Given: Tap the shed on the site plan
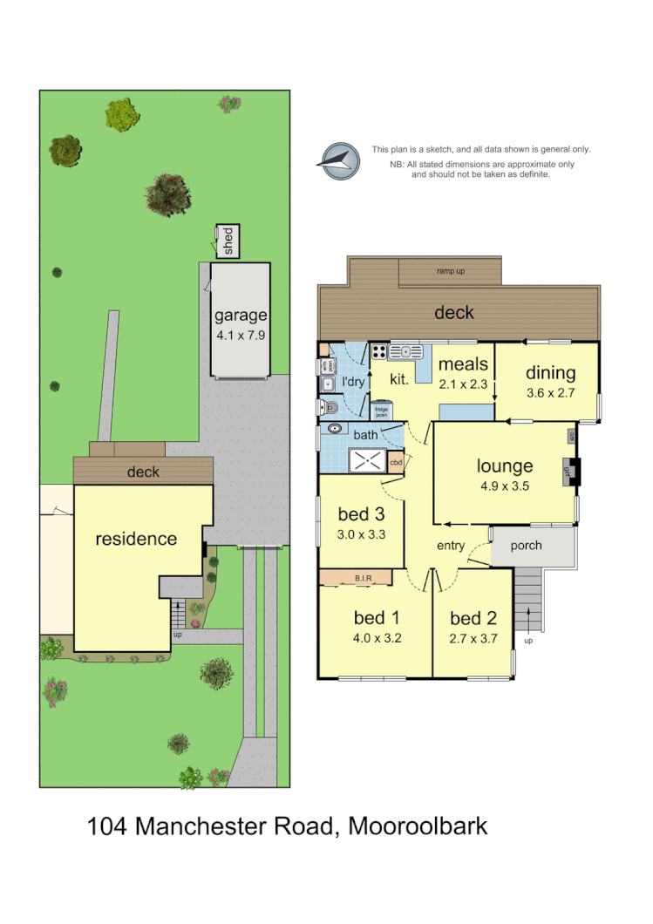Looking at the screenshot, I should tap(228, 241).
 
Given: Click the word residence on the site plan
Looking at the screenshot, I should tap(136, 539).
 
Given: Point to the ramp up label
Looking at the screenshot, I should tap(450, 271).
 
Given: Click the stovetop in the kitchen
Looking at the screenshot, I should tap(379, 352).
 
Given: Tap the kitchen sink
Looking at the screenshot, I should tap(405, 351).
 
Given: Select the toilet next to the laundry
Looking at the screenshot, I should tap(330, 407).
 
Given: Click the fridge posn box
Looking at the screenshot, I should tap(382, 411).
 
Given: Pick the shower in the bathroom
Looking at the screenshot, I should tap(367, 460).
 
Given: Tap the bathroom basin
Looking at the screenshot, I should tap(335, 429).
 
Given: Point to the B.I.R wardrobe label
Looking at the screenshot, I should tap(363, 576).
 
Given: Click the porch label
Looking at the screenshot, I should tap(526, 546).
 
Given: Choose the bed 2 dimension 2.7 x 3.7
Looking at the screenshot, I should tap(473, 638).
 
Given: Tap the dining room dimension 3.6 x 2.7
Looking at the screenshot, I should tap(550, 393).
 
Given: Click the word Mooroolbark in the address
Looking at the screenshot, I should tap(418, 825).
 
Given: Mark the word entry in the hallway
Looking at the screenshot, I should tap(451, 546).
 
